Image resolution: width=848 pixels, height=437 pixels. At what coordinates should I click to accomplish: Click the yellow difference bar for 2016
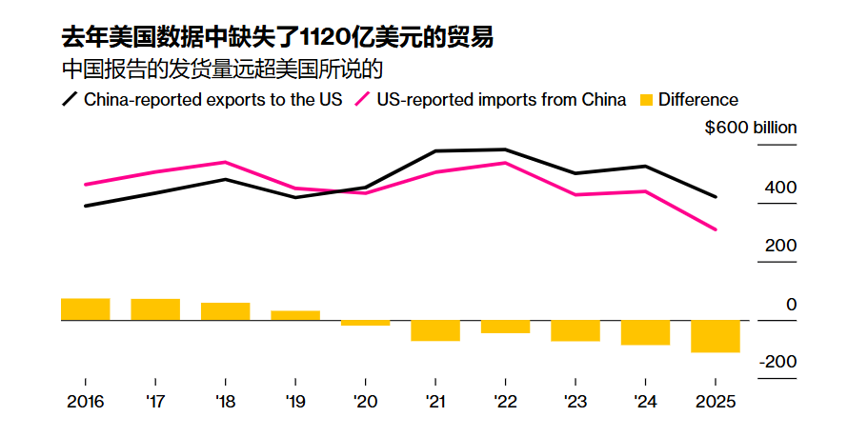click(86, 309)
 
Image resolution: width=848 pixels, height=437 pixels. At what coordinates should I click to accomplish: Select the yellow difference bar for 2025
click(716, 336)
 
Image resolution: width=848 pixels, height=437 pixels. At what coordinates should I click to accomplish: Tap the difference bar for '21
click(435, 330)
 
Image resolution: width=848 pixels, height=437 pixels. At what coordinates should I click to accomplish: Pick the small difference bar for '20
click(366, 323)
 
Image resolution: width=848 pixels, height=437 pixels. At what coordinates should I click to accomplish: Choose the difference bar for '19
click(295, 315)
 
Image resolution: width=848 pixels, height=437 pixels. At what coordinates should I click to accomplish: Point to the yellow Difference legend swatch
click(646, 100)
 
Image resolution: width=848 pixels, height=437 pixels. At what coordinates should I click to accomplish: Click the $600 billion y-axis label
click(751, 128)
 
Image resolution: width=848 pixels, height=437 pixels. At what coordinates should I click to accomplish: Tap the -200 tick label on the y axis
click(778, 363)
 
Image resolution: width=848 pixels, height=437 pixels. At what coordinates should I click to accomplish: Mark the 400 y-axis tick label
click(781, 188)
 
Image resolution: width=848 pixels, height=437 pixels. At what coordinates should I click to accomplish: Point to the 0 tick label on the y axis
click(791, 305)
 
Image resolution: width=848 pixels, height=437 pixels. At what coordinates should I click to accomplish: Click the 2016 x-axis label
click(86, 402)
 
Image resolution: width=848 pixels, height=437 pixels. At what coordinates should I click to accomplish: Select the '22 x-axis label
click(505, 402)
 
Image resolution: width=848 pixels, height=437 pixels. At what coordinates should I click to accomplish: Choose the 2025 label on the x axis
click(716, 402)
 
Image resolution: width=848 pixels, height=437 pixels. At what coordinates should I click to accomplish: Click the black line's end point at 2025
click(716, 197)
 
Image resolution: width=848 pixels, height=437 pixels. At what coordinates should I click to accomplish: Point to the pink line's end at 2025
click(716, 229)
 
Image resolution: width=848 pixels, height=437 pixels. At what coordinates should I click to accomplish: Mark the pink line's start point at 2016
click(86, 185)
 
